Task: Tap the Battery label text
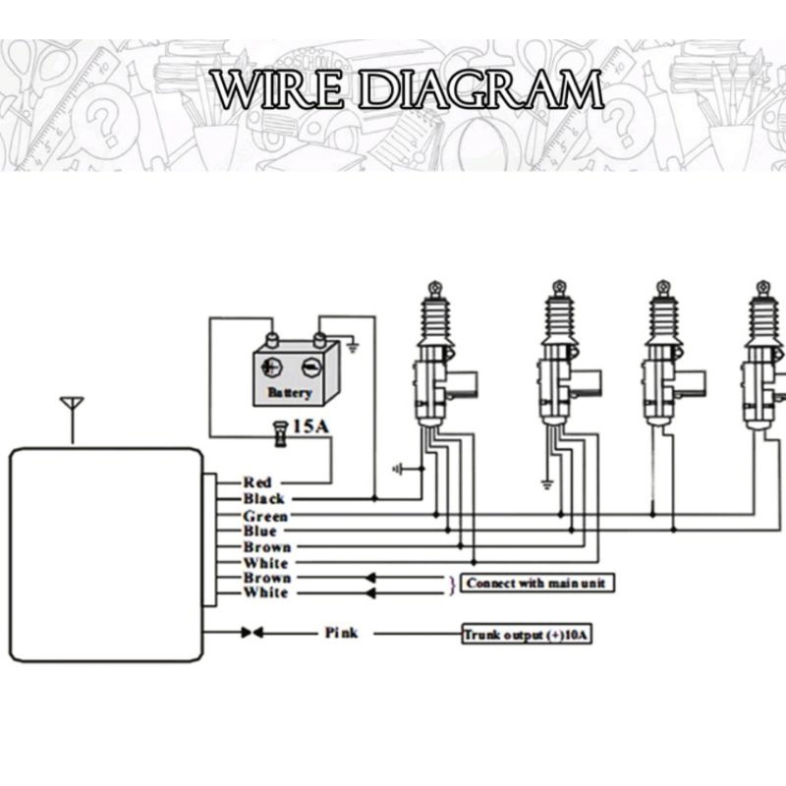point(289,393)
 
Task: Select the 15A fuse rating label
point(313,426)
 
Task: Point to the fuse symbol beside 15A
point(279,431)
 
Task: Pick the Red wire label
point(257,482)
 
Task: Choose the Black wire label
point(263,499)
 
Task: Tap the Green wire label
point(265,516)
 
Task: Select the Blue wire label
point(260,532)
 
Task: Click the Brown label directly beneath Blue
point(266,547)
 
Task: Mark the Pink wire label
point(341,634)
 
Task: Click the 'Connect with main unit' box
point(535,584)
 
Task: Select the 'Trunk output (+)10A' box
point(526,635)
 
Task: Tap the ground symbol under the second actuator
point(546,482)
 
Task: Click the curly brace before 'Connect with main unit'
point(452,585)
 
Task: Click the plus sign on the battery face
point(270,368)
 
